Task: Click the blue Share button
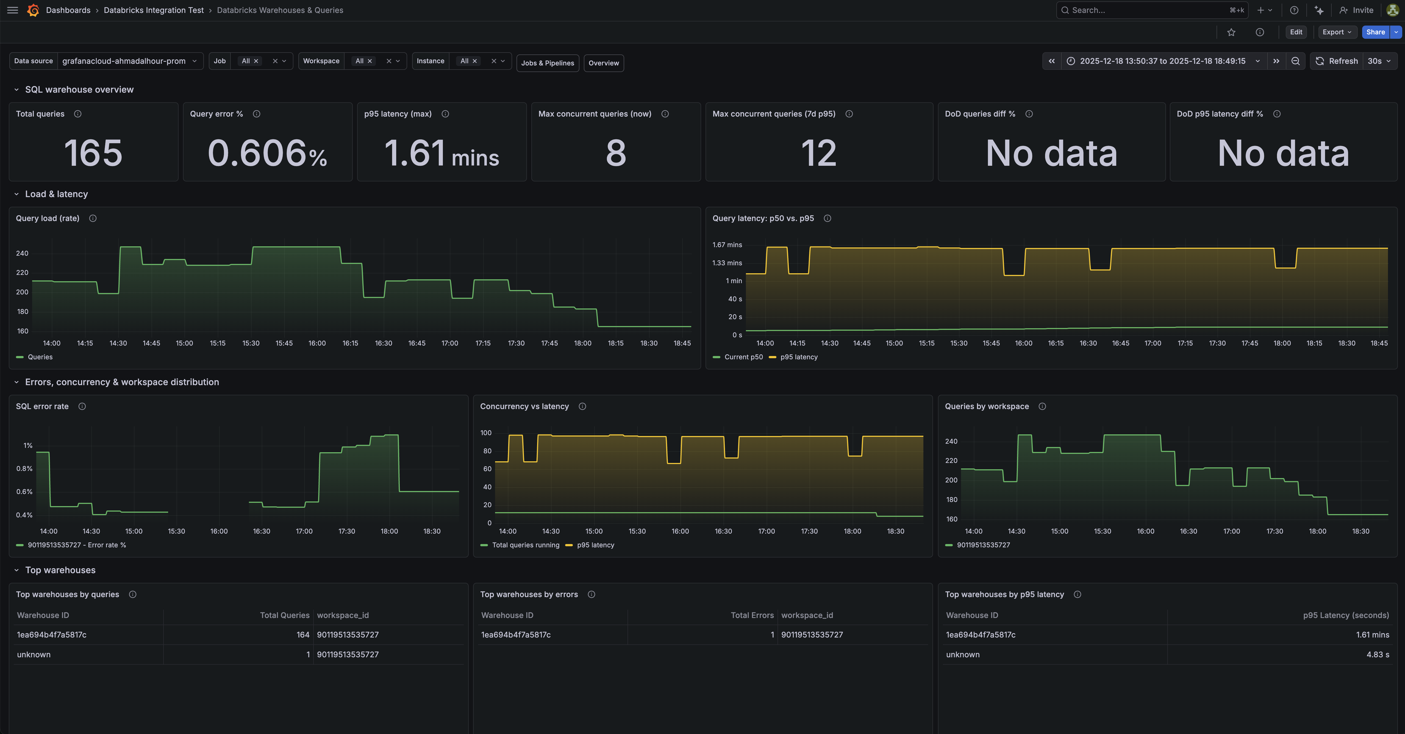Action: coord(1375,32)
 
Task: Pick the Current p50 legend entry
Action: coord(743,357)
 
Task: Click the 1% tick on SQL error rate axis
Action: coord(28,446)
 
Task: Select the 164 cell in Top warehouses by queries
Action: coord(303,635)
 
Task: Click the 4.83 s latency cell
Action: coord(1377,654)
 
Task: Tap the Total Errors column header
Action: coord(752,615)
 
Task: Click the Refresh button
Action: coord(1337,61)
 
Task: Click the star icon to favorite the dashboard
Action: coord(1231,32)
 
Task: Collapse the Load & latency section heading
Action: coord(56,194)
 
